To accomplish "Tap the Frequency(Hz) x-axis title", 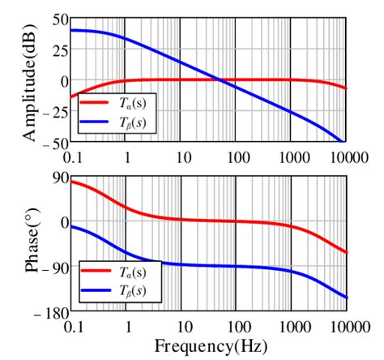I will pyautogui.click(x=210, y=346).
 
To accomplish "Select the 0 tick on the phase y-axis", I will pyautogui.click(x=62, y=222).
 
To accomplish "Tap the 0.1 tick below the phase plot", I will pyautogui.click(x=71, y=326).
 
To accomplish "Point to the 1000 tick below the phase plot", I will pyautogui.click(x=291, y=326).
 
